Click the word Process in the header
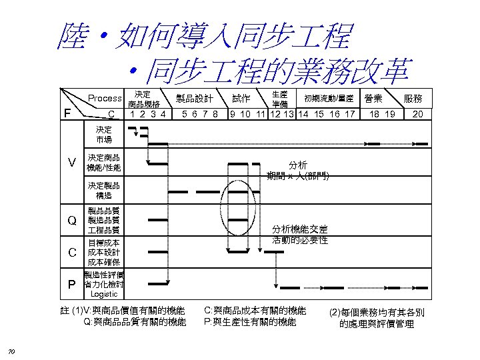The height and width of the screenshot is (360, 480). click(x=105, y=99)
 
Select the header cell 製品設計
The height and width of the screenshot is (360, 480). click(x=194, y=99)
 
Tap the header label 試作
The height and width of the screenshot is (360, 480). click(x=241, y=99)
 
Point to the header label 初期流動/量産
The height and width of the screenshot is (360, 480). click(x=329, y=99)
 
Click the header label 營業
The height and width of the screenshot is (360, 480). click(x=373, y=98)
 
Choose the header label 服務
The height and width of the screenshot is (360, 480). click(x=413, y=99)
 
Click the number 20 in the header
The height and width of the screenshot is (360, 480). click(x=418, y=114)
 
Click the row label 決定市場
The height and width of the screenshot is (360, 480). click(x=104, y=135)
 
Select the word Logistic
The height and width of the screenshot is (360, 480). click(x=104, y=294)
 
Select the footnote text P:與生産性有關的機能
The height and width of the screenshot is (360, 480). click(x=250, y=322)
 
